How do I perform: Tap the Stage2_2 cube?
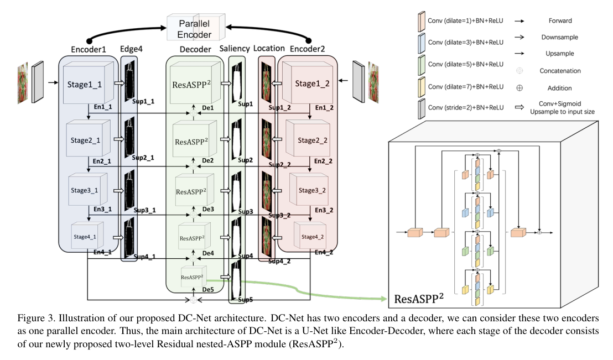pos(306,140)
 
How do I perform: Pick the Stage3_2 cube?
pos(311,190)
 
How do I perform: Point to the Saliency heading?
pos(235,49)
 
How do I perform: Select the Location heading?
pos(269,49)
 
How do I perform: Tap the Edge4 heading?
pos(132,49)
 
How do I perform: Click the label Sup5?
pos(245,300)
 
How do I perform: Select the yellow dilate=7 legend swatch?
pos(421,87)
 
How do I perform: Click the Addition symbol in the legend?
pos(519,87)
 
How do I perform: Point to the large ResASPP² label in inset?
pos(419,300)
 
